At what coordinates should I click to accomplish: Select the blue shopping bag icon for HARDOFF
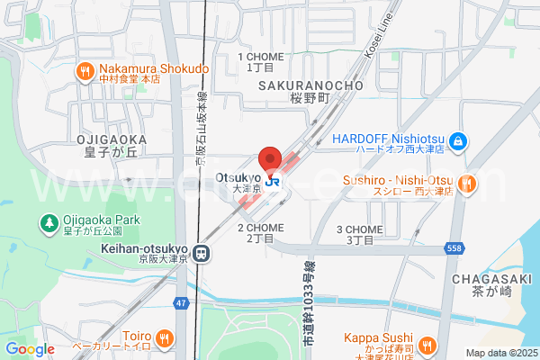[x=458, y=140]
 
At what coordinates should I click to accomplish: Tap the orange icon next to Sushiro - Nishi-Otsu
[x=466, y=184]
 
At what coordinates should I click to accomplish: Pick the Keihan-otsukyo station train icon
[x=202, y=254]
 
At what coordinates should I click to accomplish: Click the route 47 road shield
[x=182, y=303]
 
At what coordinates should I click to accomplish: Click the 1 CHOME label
[x=260, y=57]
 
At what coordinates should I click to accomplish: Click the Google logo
[x=29, y=349]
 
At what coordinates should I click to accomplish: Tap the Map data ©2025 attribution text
[x=499, y=353]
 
